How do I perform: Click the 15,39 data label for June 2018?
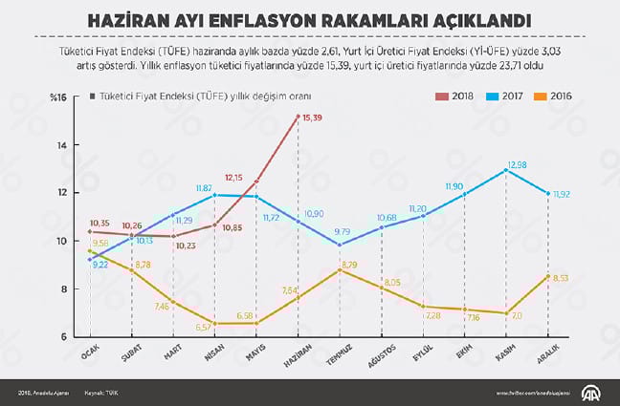pyautogui.click(x=313, y=117)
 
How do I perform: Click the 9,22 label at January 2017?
pyautogui.click(x=100, y=265)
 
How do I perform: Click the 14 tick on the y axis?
pyautogui.click(x=62, y=145)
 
